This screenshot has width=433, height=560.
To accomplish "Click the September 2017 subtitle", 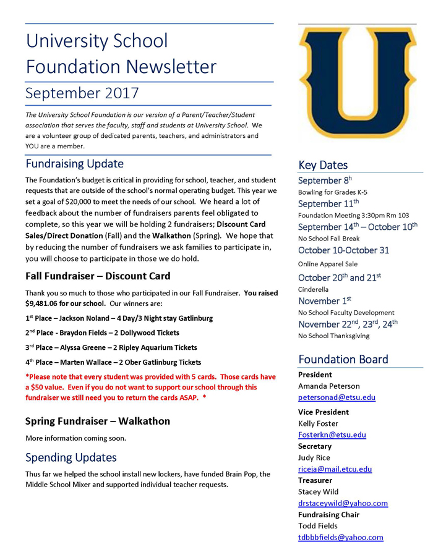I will coord(82,93).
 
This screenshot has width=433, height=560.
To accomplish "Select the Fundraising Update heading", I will coord(74,164).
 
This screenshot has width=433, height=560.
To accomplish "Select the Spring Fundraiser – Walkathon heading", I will coord(98,422).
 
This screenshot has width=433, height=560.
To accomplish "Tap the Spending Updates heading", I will coord(71,458).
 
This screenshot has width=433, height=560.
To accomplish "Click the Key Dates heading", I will coord(323,165).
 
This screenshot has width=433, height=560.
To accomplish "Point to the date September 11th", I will coord(328,203).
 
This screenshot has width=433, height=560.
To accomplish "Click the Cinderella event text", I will coord(314,289).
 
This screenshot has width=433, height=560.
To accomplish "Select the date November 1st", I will coord(324,301).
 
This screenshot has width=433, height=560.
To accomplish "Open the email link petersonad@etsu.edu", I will coord(337,397).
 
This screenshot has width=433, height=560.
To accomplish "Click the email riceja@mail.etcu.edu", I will coord(335,469).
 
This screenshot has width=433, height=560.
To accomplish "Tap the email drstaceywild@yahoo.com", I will coord(343,503).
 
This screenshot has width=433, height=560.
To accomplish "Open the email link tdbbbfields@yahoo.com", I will coord(340,537).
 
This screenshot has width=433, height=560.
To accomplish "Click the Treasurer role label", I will coord(315,480).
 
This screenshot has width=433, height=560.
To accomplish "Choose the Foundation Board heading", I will coord(343,359).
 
